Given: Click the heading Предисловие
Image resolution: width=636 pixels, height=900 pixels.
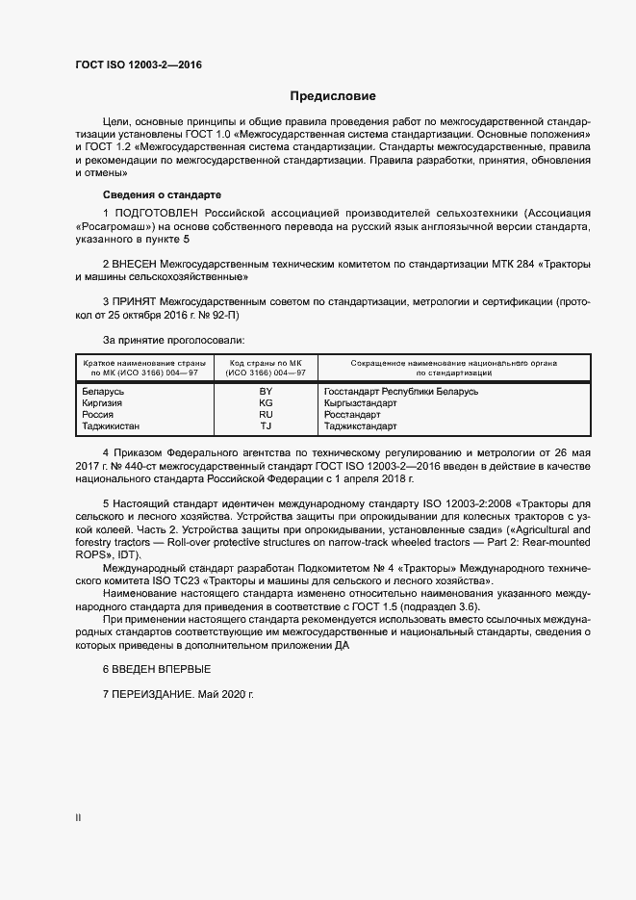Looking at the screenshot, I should point(333,96).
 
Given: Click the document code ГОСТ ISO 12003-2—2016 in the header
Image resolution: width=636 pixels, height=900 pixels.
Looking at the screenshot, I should point(139,64).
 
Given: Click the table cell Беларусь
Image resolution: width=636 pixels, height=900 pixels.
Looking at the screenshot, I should point(103,392).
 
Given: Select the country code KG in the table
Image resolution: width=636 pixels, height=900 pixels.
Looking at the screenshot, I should point(267,403).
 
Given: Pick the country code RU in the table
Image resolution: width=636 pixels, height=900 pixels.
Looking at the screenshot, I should point(267,414).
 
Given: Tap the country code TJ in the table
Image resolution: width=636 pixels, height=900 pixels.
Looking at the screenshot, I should point(267,425).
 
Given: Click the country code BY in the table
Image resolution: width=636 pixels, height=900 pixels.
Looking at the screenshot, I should point(267,392).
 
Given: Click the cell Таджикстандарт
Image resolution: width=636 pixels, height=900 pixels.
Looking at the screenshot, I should point(361,425).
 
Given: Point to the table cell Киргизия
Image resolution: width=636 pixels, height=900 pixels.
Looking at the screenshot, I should point(103,403).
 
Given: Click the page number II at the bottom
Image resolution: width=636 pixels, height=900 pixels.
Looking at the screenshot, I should point(79,818).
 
